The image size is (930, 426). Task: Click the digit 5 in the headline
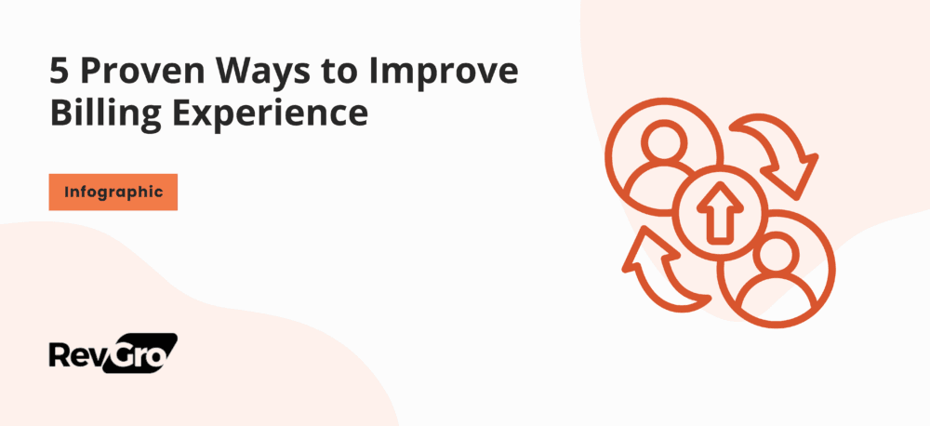click(60, 73)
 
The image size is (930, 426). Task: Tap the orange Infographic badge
click(113, 192)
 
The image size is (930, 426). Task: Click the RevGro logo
click(113, 353)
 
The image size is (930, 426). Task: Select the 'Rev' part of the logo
click(76, 354)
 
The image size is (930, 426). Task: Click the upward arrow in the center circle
click(720, 213)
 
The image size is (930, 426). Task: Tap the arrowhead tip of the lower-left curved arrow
click(643, 228)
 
